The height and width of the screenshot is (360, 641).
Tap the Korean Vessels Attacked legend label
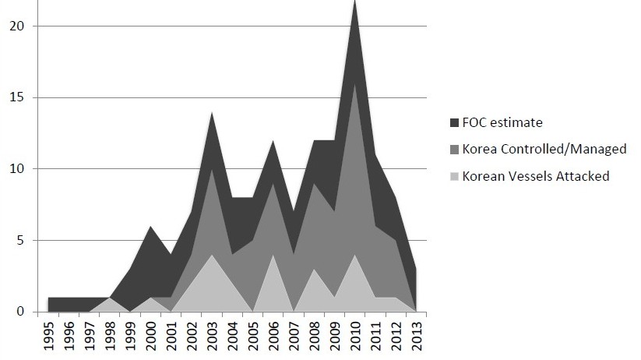(536, 176)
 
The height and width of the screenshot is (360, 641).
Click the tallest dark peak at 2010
(354, 8)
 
